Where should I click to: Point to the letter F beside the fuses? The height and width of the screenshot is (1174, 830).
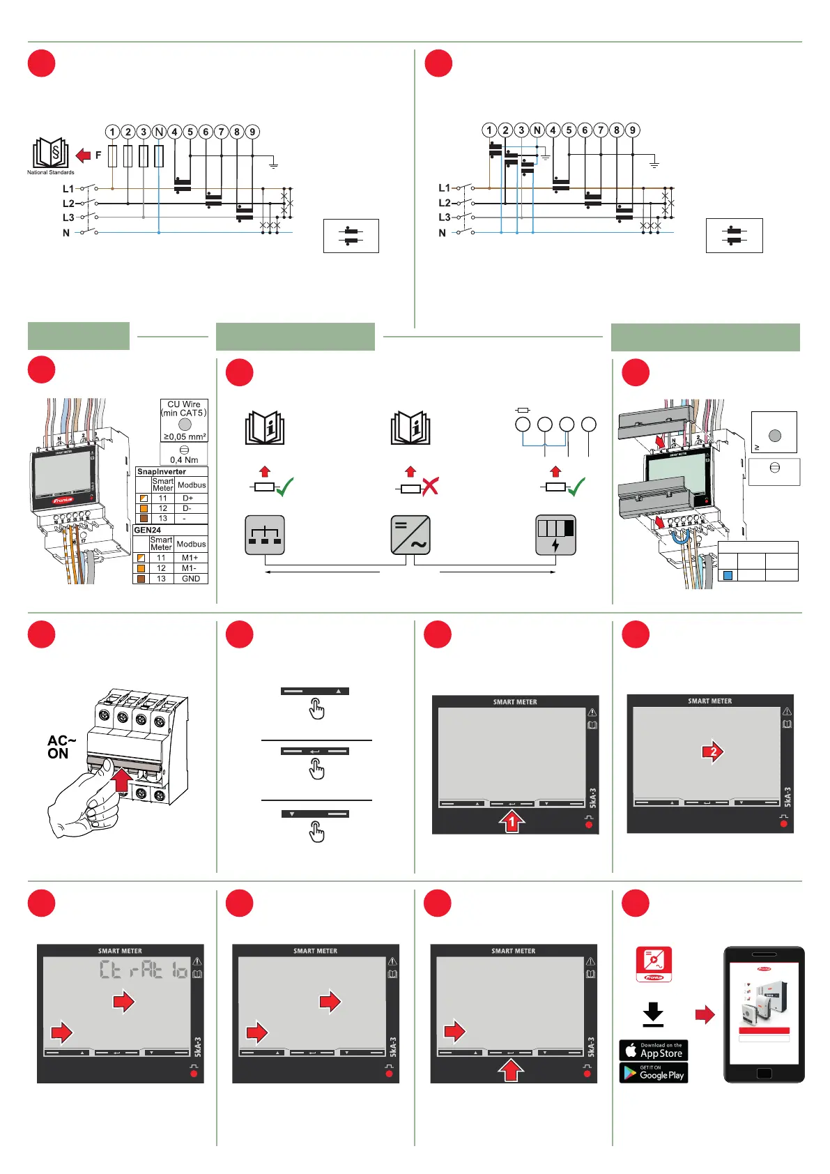point(98,155)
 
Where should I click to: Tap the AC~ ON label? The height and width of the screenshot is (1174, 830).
point(61,747)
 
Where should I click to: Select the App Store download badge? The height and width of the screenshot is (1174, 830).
point(653,1050)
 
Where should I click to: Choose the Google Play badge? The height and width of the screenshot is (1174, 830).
point(653,1073)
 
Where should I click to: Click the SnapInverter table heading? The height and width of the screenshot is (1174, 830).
point(162,472)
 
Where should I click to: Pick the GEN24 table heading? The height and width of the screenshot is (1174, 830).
point(148,530)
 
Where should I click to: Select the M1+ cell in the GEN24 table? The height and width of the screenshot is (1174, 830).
point(190,558)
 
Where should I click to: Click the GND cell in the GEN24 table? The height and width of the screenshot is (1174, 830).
point(190,579)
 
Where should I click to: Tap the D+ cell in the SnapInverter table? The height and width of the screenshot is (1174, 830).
point(188,498)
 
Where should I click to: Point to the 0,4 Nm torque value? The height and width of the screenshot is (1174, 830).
point(184,460)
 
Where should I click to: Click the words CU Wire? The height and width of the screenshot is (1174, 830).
point(184,404)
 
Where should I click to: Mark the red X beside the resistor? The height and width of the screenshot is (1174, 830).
point(430,487)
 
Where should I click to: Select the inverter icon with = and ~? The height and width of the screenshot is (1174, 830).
point(410,535)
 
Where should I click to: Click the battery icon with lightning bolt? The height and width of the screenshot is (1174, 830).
point(555,535)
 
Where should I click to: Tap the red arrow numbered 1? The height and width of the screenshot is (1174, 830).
point(512,821)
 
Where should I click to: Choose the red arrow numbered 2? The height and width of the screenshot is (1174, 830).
point(713,752)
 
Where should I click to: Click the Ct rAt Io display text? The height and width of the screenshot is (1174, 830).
point(144,970)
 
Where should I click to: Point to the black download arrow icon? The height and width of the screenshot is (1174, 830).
point(653,1014)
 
